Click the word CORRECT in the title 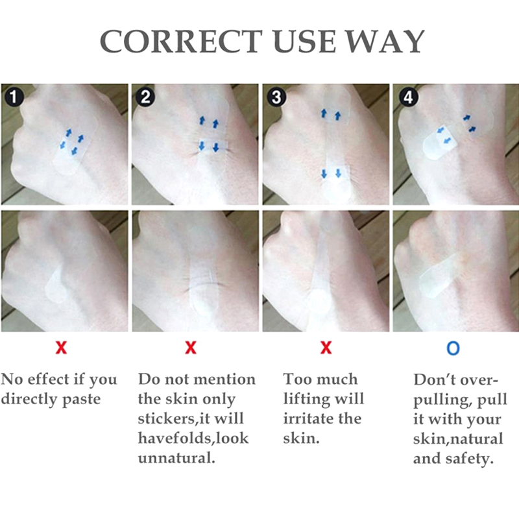(182, 42)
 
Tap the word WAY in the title (387, 42)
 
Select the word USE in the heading (305, 42)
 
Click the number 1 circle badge (14, 97)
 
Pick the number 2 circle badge (145, 97)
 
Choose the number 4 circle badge (408, 97)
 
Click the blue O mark (453, 348)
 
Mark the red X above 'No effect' (61, 348)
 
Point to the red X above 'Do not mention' (191, 348)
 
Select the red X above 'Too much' (326, 348)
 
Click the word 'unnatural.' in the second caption (176, 458)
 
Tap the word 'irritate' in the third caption (309, 418)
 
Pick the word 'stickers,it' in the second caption (174, 419)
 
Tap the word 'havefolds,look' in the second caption (193, 439)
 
